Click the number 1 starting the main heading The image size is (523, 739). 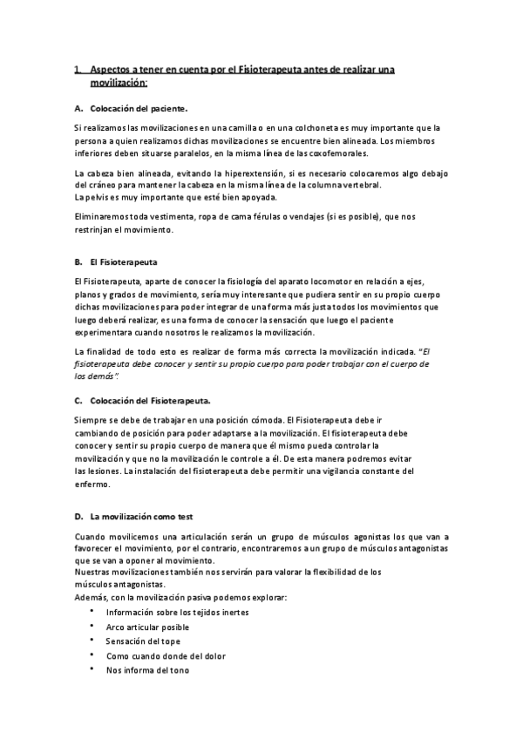[x=77, y=69]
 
